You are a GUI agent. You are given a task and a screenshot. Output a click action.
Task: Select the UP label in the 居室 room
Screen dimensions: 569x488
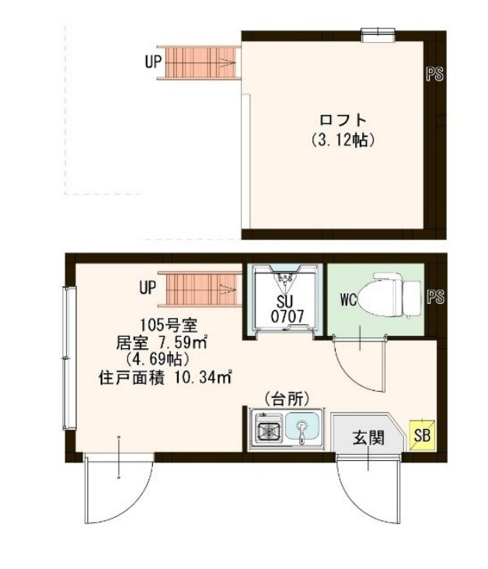point(148,288)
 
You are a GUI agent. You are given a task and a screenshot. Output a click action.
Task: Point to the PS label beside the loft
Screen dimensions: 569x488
point(434,75)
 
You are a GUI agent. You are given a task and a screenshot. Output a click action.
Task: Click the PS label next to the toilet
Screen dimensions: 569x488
point(434,296)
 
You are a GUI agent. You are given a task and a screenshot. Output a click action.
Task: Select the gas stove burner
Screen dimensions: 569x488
point(267,429)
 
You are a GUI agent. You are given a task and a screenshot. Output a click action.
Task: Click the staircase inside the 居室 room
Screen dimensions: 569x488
point(197,288)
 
